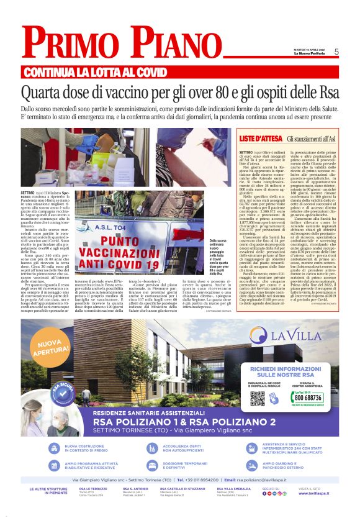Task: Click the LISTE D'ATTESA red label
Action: pyautogui.click(x=258, y=137)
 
